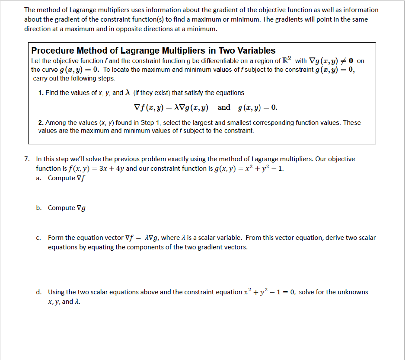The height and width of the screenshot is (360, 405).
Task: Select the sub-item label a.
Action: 38,178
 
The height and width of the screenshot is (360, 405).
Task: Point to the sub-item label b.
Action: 38,208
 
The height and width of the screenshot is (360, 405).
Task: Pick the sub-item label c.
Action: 38,238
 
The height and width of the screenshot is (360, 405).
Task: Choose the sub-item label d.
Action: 38,292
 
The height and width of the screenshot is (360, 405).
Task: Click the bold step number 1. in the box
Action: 41,93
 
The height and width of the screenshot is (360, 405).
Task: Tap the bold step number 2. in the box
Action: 41,123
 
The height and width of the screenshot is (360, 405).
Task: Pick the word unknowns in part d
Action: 351,292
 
